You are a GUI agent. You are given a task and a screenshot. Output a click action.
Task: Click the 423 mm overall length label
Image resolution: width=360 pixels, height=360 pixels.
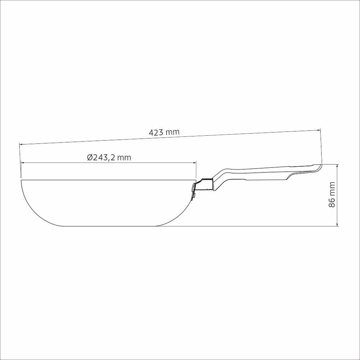(164, 132)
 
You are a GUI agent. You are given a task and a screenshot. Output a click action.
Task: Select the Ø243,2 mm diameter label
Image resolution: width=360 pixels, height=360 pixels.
(109, 158)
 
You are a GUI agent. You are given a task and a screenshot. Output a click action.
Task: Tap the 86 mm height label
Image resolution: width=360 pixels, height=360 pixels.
(332, 195)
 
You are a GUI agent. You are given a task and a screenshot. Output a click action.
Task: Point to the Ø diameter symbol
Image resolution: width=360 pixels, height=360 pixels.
(90, 158)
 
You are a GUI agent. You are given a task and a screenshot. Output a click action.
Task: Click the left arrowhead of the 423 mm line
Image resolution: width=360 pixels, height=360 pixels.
(21, 144)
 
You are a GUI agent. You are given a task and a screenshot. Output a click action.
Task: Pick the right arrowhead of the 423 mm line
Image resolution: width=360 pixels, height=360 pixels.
(319, 130)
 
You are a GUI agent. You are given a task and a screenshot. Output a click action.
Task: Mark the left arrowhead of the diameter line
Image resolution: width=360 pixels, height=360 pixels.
(22, 163)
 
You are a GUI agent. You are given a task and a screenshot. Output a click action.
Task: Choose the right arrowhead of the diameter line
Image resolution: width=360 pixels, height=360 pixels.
(195, 163)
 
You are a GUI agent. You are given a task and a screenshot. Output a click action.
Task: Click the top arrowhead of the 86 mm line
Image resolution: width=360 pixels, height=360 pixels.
(337, 166)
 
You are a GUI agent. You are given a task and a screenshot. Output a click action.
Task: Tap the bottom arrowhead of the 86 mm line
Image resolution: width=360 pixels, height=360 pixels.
(337, 224)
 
